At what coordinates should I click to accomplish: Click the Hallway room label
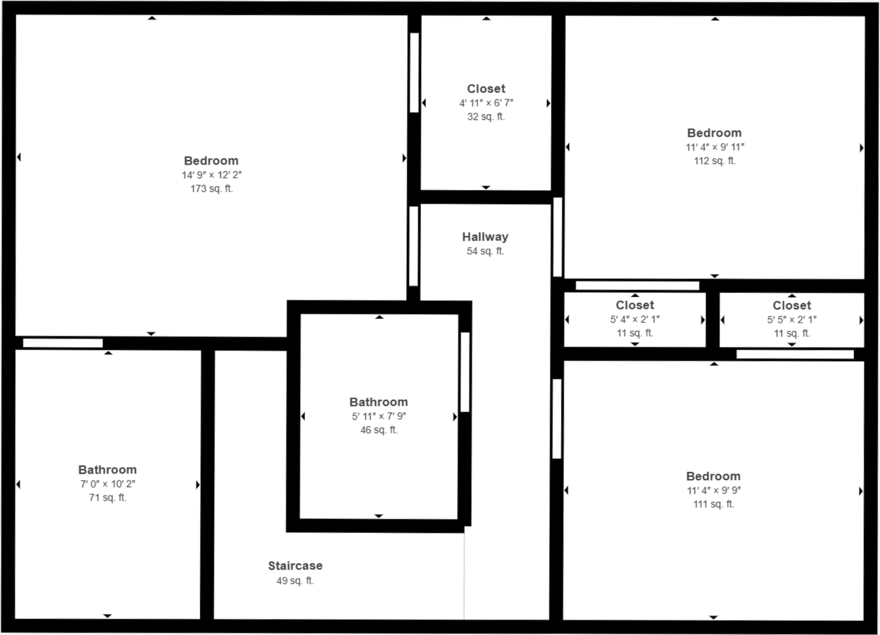[x=485, y=237]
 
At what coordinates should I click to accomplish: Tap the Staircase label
[x=296, y=566]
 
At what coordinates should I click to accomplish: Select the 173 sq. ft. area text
[x=212, y=189]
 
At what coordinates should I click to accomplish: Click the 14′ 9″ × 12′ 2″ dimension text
[x=212, y=175]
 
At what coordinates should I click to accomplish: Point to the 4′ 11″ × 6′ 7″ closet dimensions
[x=486, y=103]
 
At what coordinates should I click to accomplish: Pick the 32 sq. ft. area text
[x=486, y=117]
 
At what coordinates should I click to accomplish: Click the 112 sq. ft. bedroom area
[x=715, y=161]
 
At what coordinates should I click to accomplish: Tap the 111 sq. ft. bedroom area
[x=713, y=504]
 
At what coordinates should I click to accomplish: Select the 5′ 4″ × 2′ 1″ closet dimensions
[x=635, y=320]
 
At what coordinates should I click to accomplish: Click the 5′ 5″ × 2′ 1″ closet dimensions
[x=791, y=320]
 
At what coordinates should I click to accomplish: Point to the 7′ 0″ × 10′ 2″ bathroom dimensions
[x=108, y=484]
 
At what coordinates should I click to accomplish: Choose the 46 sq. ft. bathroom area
[x=379, y=430]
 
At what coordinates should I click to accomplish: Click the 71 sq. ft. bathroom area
[x=108, y=498]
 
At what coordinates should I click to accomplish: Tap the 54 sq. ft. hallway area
[x=485, y=251]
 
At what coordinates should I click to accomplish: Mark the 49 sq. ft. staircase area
[x=296, y=581]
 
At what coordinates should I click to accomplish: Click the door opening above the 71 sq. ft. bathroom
[x=63, y=343]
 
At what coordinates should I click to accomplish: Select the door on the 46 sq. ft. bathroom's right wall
[x=465, y=372]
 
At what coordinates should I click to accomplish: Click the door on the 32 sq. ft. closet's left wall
[x=414, y=73]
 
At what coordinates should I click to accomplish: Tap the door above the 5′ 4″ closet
[x=638, y=286]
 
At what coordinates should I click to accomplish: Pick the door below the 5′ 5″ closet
[x=795, y=354]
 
